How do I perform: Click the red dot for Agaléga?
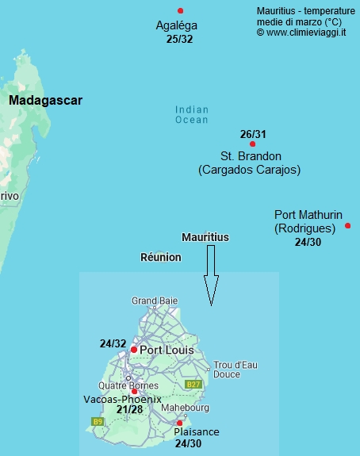tap(181, 10)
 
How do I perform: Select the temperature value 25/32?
tap(180, 38)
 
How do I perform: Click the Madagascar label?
tap(45, 101)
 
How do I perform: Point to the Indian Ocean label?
tap(192, 115)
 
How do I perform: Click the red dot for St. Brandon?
tap(252, 144)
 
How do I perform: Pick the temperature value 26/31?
tap(253, 133)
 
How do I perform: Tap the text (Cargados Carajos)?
tap(249, 170)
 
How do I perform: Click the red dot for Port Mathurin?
tap(348, 226)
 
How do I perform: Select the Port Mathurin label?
tap(308, 215)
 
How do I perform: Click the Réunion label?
tap(160, 257)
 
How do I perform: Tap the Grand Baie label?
tap(154, 301)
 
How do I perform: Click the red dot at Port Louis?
tap(134, 350)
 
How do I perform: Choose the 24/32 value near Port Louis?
tap(113, 344)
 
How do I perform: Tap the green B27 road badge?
tap(193, 384)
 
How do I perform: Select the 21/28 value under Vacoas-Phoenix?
tap(129, 410)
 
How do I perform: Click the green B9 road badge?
tap(98, 421)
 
